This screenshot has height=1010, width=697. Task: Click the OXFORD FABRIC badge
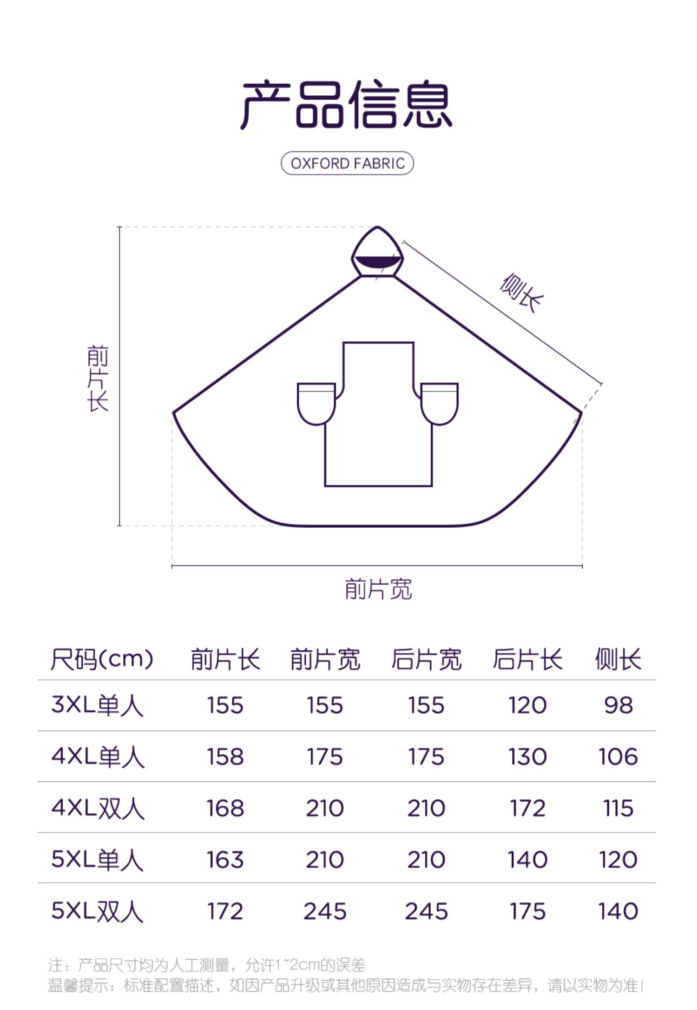pyautogui.click(x=347, y=163)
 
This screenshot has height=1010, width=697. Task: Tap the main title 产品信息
pyautogui.click(x=347, y=105)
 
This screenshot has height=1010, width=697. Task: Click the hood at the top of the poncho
pyautogui.click(x=377, y=252)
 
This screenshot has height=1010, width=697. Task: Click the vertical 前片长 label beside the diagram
pyautogui.click(x=98, y=378)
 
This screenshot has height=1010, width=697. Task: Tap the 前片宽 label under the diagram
pyautogui.click(x=378, y=589)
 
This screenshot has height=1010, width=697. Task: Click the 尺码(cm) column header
pyautogui.click(x=102, y=659)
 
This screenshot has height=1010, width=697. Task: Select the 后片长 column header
pyautogui.click(x=527, y=659)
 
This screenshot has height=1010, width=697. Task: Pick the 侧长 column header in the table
pyautogui.click(x=618, y=659)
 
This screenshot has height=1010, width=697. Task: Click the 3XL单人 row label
pyautogui.click(x=97, y=705)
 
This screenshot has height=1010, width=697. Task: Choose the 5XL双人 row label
pyautogui.click(x=97, y=911)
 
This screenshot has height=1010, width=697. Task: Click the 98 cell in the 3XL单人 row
pyautogui.click(x=618, y=705)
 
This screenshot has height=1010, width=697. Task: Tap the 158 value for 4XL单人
pyautogui.click(x=225, y=757)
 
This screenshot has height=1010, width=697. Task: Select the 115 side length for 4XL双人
pyautogui.click(x=618, y=808)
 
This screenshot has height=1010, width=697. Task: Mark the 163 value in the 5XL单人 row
pyautogui.click(x=225, y=859)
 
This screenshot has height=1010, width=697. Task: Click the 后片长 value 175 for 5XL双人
pyautogui.click(x=527, y=911)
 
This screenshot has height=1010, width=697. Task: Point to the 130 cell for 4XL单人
pyautogui.click(x=527, y=757)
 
